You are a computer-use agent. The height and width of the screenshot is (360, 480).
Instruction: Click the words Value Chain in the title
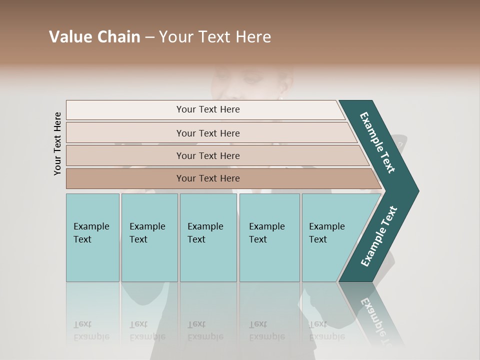(x=94, y=36)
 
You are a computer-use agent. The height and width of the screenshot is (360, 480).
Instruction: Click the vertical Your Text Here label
(x=57, y=143)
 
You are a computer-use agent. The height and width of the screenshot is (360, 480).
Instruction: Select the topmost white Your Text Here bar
(x=208, y=109)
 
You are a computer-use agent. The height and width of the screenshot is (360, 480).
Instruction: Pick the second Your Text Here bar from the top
(x=208, y=133)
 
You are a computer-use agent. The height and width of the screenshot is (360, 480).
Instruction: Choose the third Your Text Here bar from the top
(x=208, y=155)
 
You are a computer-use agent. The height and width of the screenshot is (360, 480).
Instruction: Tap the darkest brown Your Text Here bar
(x=208, y=178)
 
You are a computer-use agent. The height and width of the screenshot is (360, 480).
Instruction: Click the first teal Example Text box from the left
(x=92, y=237)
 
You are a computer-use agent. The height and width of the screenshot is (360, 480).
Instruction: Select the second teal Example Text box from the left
(x=149, y=237)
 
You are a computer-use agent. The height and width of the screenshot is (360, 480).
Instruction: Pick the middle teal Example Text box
(x=208, y=237)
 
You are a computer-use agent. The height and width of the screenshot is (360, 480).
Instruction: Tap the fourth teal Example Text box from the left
(x=269, y=237)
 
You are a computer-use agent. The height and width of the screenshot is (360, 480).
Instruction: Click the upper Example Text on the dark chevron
(x=378, y=142)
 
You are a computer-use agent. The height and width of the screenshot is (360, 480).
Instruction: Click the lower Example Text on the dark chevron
(x=379, y=236)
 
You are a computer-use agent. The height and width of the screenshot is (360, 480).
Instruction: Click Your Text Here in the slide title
(x=215, y=36)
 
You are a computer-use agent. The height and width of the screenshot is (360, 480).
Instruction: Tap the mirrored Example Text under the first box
(x=91, y=330)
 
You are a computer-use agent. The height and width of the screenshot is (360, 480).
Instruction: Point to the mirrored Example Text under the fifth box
(x=326, y=330)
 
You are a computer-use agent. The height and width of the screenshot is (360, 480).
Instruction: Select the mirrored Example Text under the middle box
(x=205, y=330)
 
